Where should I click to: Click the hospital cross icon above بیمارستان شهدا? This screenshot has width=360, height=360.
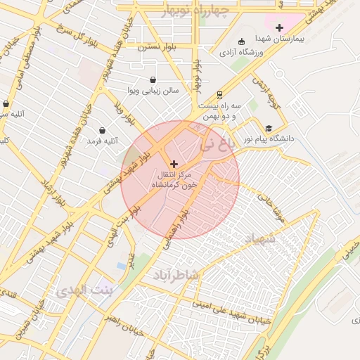pos(279,27)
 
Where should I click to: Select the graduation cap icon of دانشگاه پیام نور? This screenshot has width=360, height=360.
pos(269,128)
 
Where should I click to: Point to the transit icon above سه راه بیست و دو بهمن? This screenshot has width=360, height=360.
pos(219,94)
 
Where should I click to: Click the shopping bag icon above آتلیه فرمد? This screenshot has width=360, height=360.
pos(103,130)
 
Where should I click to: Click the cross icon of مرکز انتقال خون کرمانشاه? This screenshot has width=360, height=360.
pos(174,164)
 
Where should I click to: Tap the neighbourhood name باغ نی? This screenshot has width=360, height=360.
pos(214,146)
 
